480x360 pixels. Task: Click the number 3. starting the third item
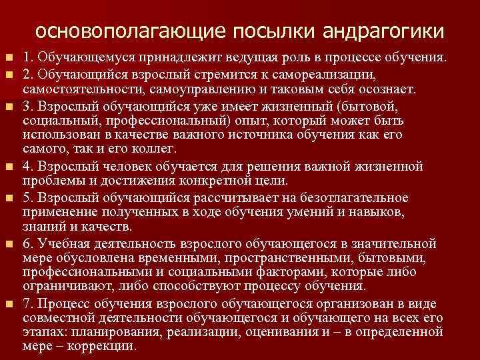(x=27, y=105)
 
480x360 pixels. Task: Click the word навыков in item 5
(x=378, y=213)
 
